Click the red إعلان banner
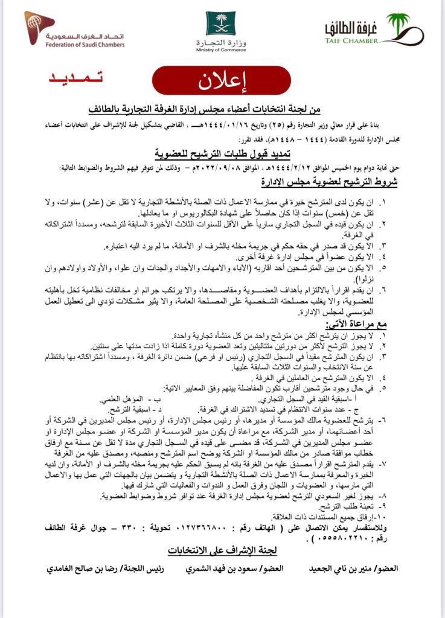pos(222,81)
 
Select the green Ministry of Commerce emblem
pos(220,24)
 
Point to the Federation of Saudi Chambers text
pos(85,44)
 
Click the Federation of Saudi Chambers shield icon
pos(39,28)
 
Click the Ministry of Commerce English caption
pos(222,51)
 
